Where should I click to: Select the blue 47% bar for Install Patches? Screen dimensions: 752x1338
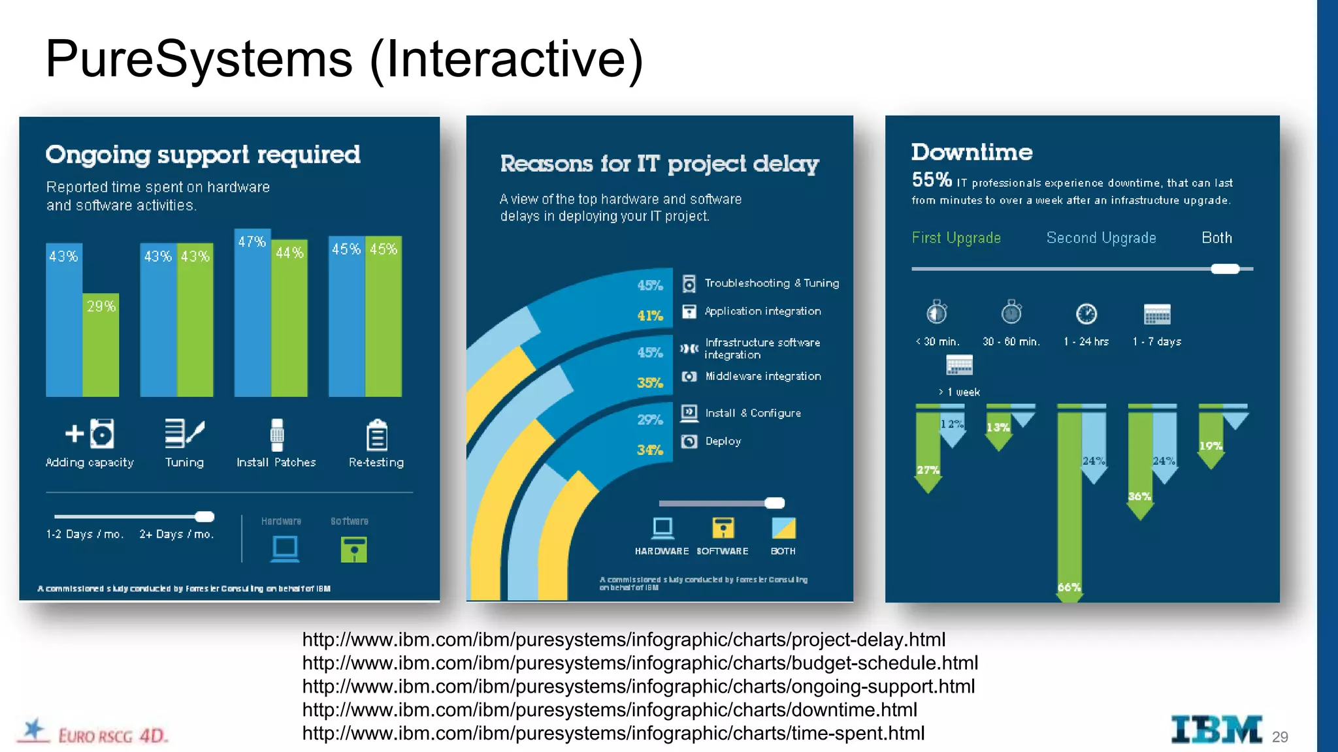pos(252,313)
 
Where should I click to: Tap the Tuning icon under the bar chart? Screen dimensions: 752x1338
pos(184,433)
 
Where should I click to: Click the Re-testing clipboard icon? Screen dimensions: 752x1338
pos(377,435)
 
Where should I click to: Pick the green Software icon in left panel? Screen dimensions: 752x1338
pos(353,549)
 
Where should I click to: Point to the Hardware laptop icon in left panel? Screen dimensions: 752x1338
pos(285,549)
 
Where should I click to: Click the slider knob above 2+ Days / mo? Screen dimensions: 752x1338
pos(204,516)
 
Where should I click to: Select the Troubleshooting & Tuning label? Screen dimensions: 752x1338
pos(771,283)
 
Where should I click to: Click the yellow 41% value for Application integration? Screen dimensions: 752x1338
pos(650,316)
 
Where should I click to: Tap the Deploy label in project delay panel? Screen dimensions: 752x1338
pos(723,441)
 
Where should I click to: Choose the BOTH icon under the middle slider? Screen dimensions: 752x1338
pos(783,528)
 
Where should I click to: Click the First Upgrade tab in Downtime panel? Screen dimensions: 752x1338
pos(956,238)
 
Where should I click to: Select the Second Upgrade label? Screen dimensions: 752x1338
pos(1101,238)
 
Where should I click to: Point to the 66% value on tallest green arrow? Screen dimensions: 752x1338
pos(1069,587)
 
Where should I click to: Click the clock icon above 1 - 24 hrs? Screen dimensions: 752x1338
pos(1086,314)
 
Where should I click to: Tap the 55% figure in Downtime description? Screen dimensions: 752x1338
pos(932,180)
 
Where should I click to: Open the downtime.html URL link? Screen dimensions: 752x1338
pos(609,710)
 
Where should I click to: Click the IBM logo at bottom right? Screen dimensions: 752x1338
pos(1216,730)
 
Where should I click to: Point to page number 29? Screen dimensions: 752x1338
pos(1280,737)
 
